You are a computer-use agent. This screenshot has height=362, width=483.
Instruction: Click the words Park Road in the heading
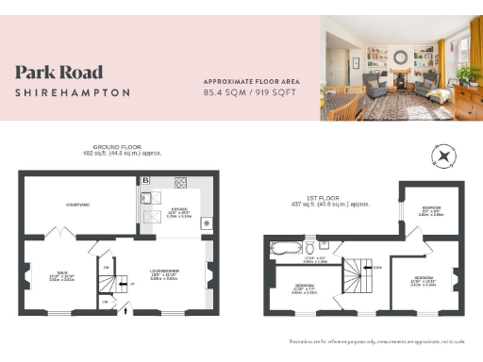pos(58,73)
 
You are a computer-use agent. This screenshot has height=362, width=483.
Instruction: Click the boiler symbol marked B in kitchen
pos(146,180)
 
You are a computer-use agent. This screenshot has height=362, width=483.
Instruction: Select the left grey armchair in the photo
pos(375,88)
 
